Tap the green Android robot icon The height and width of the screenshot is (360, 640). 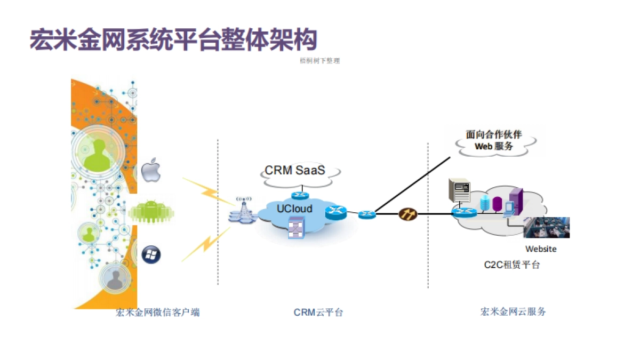tap(151, 212)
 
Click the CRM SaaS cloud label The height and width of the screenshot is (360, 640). tap(295, 171)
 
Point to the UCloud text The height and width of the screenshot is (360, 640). tap(294, 208)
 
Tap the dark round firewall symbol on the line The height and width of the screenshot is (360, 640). tap(406, 214)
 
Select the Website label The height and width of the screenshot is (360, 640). tap(541, 249)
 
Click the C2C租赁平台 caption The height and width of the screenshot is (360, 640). tap(511, 265)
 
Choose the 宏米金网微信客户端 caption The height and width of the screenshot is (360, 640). tap(158, 313)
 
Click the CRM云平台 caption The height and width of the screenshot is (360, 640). tap(318, 313)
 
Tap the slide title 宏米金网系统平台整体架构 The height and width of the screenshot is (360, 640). tap(173, 40)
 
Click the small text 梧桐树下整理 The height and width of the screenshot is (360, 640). tap(320, 61)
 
